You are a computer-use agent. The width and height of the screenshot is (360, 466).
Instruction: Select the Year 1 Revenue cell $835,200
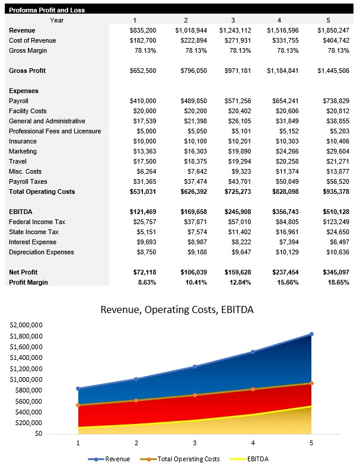click(143, 30)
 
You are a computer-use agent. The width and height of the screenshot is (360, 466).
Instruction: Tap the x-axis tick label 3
click(195, 443)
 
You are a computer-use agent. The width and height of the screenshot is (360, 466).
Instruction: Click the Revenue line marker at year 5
click(311, 334)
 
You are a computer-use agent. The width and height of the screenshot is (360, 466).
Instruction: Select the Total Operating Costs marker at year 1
click(78, 405)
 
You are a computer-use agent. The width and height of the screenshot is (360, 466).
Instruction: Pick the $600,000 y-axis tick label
click(27, 401)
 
